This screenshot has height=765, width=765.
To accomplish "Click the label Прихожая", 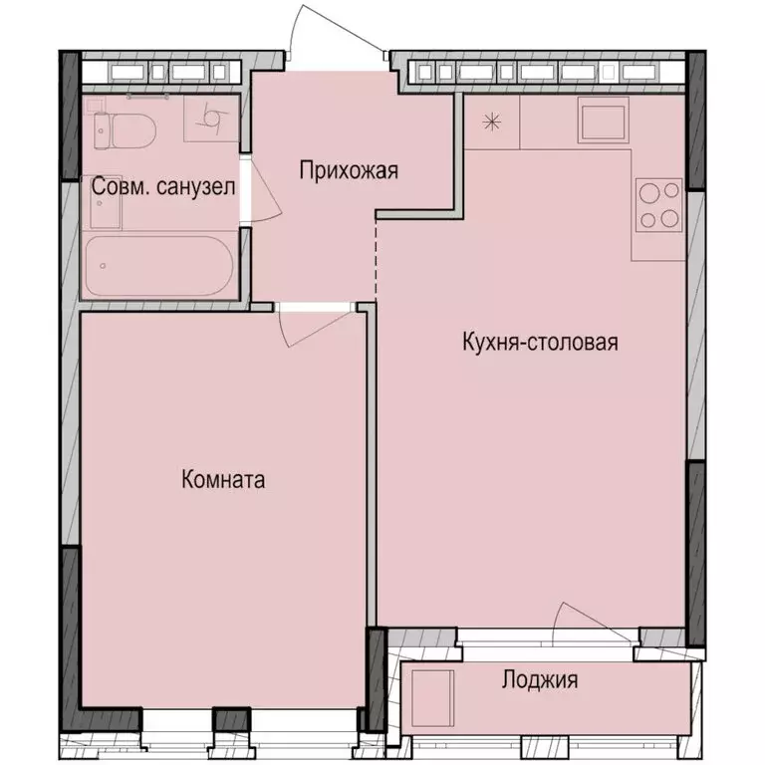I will click(349, 170).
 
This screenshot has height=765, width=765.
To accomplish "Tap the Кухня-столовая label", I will click(541, 343).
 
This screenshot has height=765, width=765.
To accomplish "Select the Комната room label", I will click(223, 480).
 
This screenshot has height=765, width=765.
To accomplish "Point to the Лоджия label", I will click(539, 681).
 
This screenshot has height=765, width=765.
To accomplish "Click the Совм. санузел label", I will click(163, 186).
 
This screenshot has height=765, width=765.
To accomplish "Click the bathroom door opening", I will click(246, 186).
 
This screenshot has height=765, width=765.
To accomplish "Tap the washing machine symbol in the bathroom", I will click(212, 119).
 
